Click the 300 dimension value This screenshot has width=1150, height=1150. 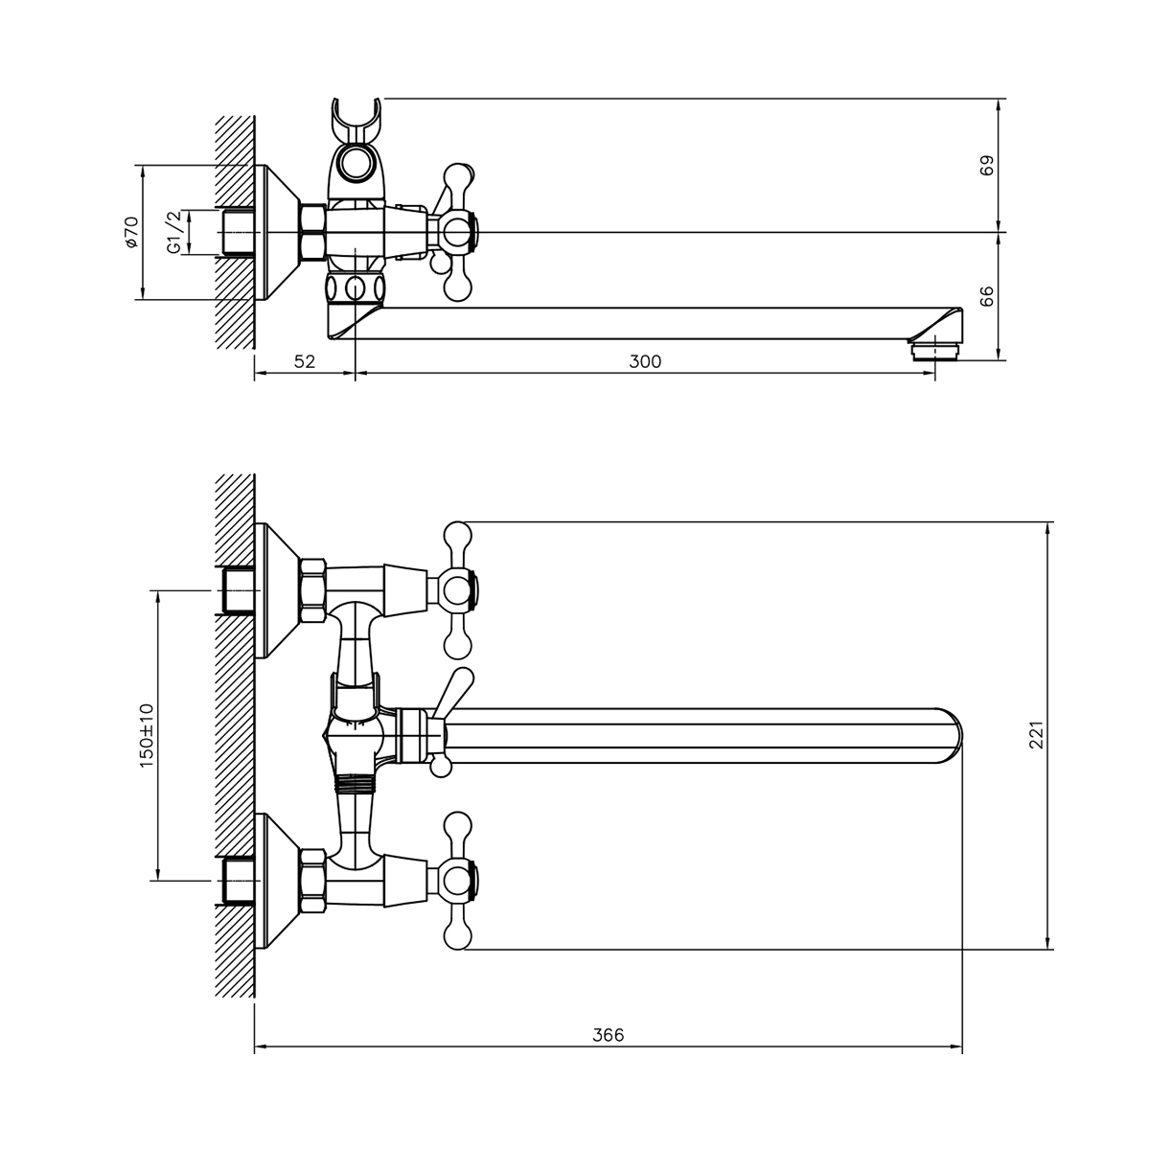[645, 361]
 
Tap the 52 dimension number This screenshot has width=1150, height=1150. [305, 361]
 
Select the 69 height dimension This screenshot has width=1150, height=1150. [987, 165]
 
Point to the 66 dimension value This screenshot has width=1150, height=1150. [987, 296]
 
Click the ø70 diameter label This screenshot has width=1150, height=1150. [131, 232]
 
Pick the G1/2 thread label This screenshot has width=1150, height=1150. [173, 232]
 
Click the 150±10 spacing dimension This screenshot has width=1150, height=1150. [147, 736]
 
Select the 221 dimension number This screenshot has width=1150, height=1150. [1036, 735]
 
